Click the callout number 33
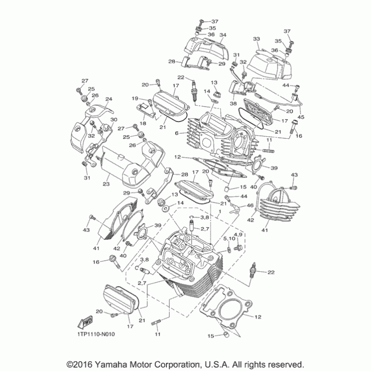click(256, 38)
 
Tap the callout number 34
click(223, 35)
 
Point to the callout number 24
click(109, 99)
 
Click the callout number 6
click(177, 133)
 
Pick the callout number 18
click(143, 123)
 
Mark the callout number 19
click(135, 98)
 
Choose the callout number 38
click(234, 104)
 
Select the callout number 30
click(114, 120)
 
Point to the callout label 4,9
click(238, 235)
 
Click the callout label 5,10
click(228, 238)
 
